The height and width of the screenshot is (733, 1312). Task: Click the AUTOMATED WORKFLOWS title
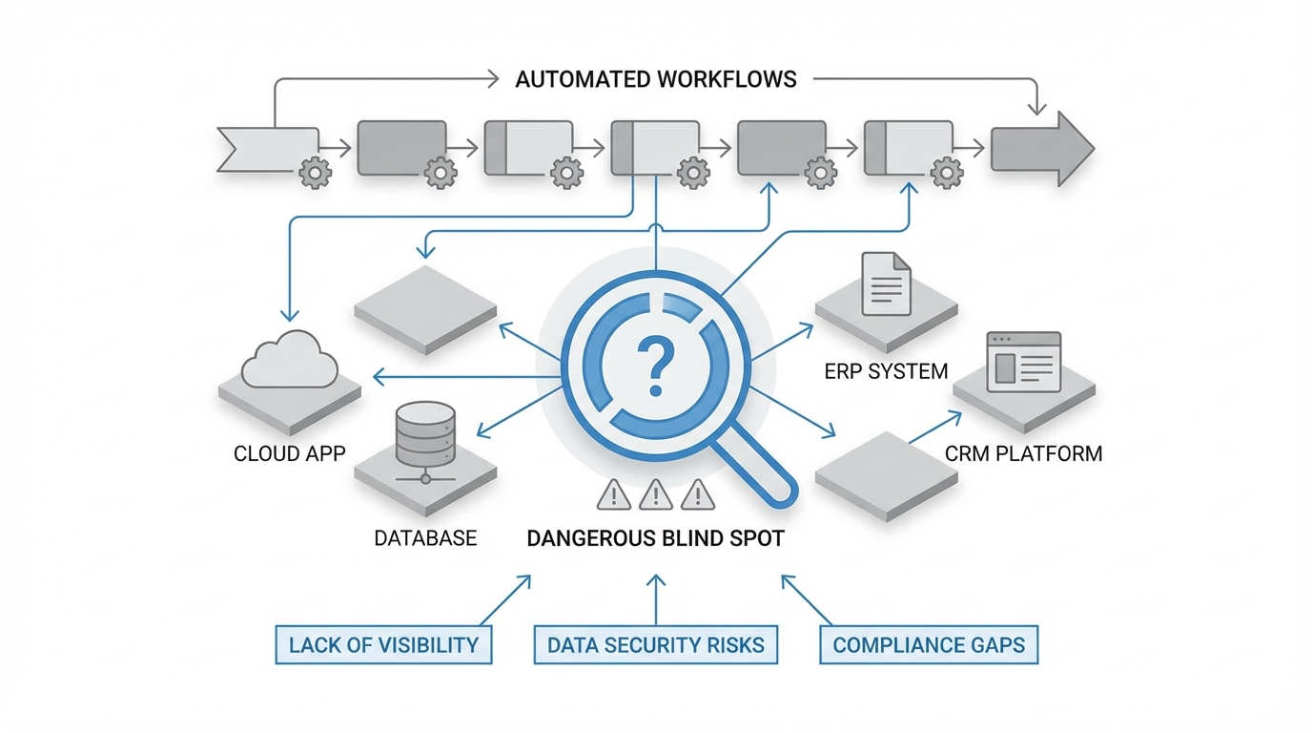pos(656,79)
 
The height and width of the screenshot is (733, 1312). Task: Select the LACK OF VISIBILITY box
pos(383,645)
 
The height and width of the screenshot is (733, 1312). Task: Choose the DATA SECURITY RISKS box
pos(655,645)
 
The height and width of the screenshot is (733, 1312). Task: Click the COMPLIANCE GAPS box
pos(929,645)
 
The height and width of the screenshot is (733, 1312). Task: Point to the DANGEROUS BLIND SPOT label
pos(655,538)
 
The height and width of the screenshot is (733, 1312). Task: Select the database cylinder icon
pos(424,434)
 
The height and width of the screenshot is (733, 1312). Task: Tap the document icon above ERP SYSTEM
pos(886,283)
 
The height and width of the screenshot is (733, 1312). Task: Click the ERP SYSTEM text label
pos(886,371)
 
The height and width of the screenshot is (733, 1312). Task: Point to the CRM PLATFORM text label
pos(1023,453)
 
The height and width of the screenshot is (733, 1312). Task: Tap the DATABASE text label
pos(425,538)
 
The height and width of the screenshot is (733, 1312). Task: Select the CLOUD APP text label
pos(290,453)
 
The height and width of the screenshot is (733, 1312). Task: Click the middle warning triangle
pos(655,494)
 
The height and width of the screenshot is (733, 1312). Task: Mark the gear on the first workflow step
pos(315,173)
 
